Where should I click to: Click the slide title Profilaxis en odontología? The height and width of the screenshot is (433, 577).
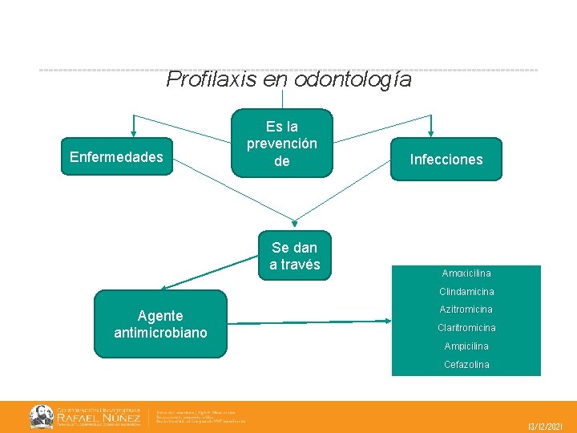click(288, 80)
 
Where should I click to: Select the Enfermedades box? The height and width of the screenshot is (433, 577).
click(116, 157)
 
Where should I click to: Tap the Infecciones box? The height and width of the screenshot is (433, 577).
click(446, 160)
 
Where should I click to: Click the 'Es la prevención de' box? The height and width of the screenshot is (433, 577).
click(281, 144)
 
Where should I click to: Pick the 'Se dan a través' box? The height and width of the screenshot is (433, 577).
click(294, 256)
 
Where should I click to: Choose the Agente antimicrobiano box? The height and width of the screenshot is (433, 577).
click(160, 324)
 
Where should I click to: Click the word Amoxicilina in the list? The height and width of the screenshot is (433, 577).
click(466, 273)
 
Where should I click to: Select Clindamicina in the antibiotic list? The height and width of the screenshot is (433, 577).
click(466, 292)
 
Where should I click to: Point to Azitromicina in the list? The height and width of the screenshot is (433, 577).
click(466, 310)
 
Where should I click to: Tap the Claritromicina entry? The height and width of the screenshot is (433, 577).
click(466, 328)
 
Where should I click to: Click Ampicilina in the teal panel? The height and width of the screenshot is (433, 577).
click(466, 346)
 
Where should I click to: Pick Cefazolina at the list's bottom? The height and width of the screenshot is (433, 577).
click(466, 365)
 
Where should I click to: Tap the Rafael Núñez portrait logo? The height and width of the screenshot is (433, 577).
click(42, 416)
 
